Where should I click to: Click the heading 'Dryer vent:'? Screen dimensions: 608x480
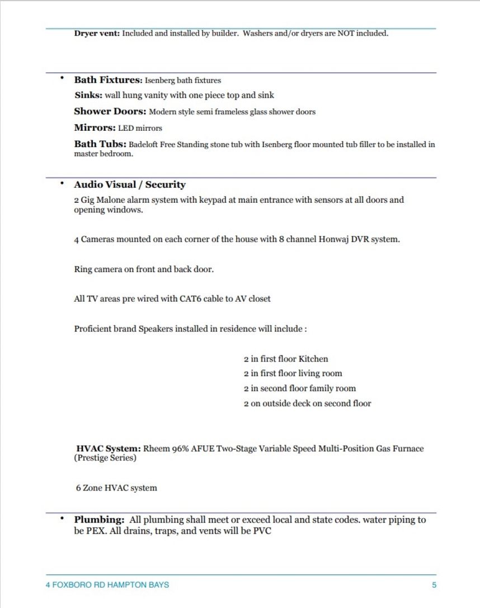(97, 34)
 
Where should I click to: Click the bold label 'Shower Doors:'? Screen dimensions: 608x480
(110, 111)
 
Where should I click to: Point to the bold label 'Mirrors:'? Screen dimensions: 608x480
(95, 127)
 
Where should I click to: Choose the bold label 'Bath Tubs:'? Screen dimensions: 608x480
(100, 144)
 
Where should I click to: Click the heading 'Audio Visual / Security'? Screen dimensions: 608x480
(130, 184)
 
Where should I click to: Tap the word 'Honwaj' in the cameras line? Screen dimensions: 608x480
(333, 239)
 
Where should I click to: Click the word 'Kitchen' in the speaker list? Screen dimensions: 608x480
(313, 359)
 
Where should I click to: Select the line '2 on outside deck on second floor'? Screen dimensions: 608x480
(307, 403)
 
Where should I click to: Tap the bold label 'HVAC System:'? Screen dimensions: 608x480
(109, 449)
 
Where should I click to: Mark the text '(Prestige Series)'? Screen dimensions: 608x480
(105, 458)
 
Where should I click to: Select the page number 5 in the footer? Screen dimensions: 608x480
(434, 585)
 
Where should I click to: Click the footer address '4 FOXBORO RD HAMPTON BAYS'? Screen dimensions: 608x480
(107, 585)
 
